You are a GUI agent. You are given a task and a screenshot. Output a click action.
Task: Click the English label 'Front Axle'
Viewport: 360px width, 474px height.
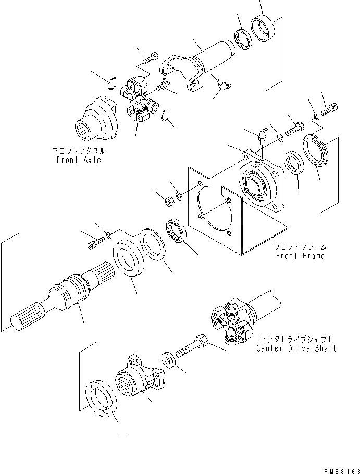point(79,160)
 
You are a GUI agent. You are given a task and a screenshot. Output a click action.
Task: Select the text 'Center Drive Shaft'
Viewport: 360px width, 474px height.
point(296,348)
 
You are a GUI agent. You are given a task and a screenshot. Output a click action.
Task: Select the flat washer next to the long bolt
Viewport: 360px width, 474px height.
point(168,359)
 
